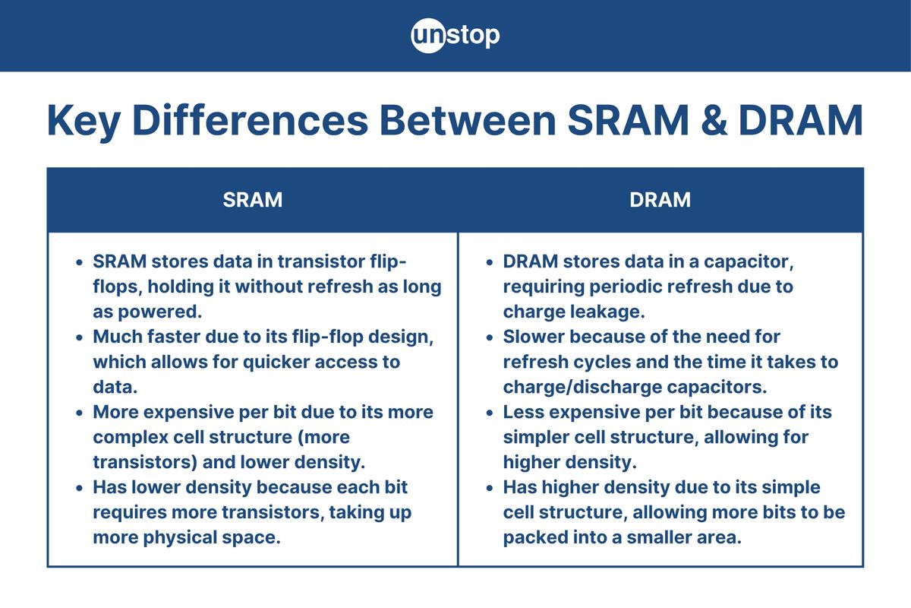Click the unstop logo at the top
click(x=455, y=36)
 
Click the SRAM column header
click(x=252, y=200)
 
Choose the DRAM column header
click(x=660, y=200)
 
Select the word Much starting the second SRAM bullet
click(x=118, y=337)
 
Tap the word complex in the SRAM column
click(x=130, y=438)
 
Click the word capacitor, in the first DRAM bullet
click(x=744, y=261)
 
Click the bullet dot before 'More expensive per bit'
click(x=80, y=413)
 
